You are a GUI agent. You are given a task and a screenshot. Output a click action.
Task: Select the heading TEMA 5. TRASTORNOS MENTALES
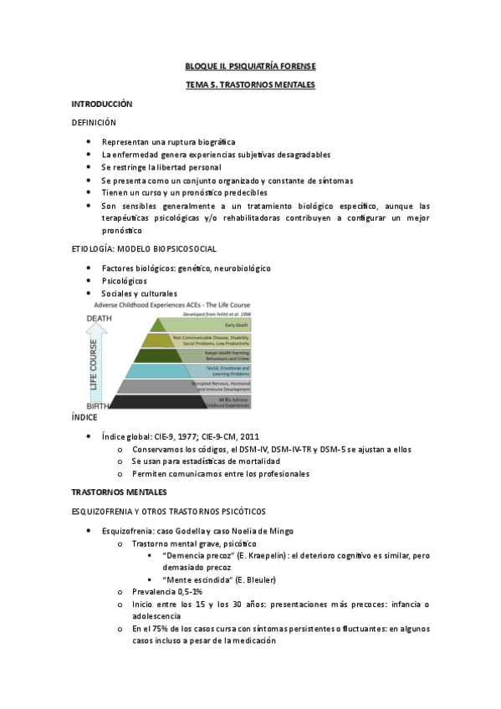[250, 85]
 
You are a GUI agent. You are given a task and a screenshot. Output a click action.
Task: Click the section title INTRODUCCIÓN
[102, 105]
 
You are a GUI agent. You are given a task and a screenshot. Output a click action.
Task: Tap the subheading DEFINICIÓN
[94, 123]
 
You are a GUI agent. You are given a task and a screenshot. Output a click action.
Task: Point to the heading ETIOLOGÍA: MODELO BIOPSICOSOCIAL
[144, 249]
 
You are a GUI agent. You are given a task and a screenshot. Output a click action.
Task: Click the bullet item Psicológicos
[125, 281]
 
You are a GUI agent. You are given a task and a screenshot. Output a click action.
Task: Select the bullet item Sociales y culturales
[139, 294]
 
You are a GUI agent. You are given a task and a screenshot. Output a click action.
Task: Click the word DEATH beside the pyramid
[99, 318]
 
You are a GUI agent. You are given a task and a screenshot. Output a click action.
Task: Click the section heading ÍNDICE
[84, 416]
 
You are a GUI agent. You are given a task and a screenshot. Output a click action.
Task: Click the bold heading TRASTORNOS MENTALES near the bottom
[120, 492]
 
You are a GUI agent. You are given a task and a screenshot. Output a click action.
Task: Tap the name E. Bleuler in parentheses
[253, 580]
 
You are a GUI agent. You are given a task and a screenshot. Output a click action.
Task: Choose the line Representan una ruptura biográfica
[168, 142]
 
